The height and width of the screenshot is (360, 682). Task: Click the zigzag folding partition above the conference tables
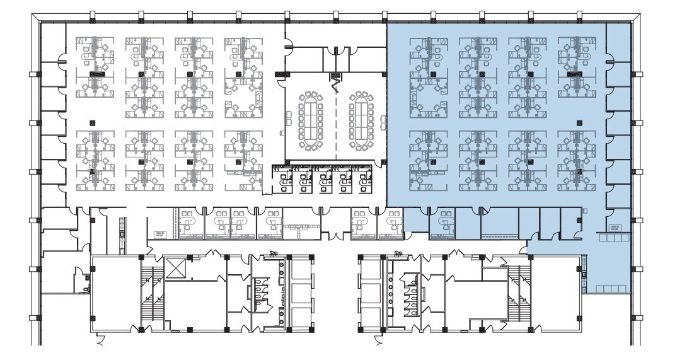(x=336, y=80)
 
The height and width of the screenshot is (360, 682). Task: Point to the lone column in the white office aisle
(x=93, y=122)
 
